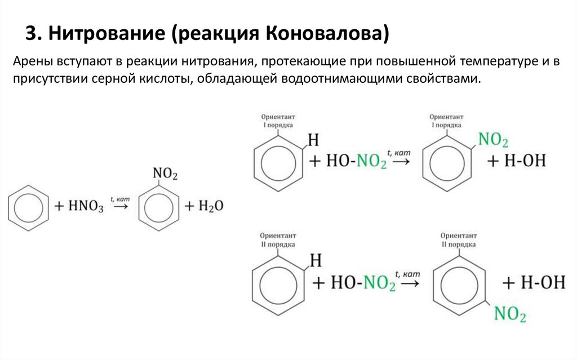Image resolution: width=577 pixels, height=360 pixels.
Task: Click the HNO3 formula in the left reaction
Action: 86,207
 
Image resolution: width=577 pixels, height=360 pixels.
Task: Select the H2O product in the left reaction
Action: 211,206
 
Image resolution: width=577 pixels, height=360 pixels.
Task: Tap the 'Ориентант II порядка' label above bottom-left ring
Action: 277,239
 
